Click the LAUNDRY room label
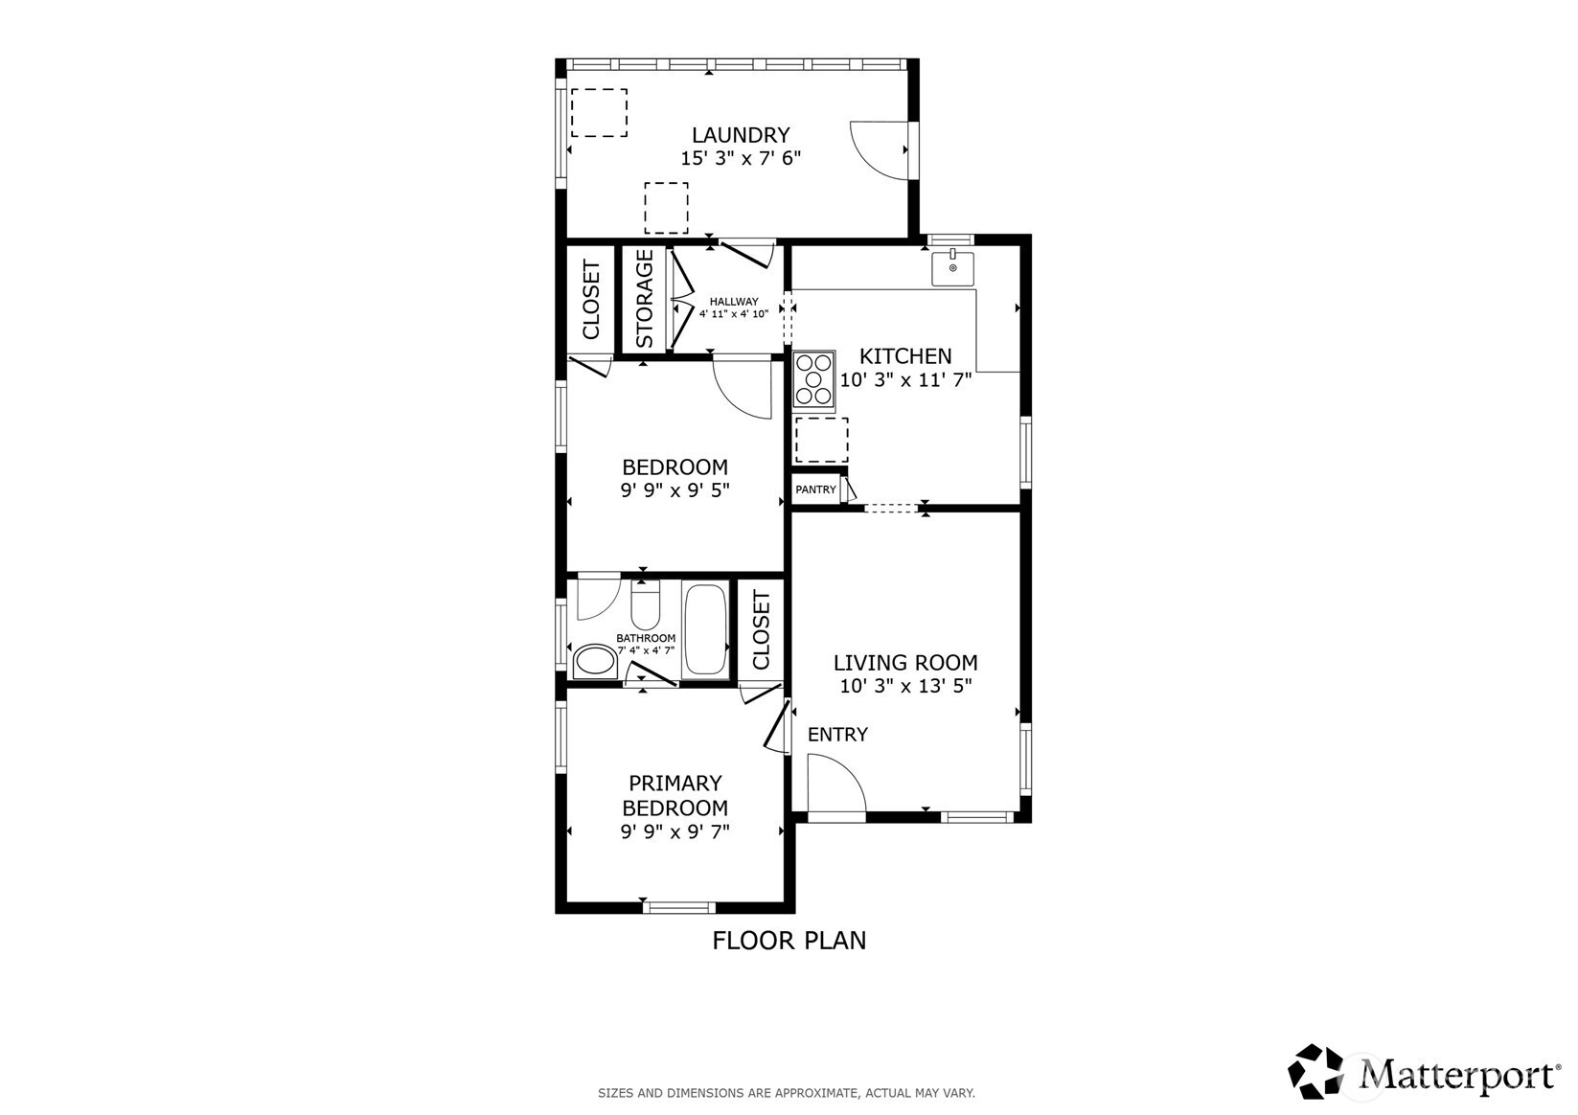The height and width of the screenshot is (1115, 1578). (741, 134)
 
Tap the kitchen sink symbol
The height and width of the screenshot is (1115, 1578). (952, 268)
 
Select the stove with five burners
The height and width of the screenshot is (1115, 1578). (813, 380)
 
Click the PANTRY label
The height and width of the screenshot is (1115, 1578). (815, 489)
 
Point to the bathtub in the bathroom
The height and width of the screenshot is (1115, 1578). (705, 629)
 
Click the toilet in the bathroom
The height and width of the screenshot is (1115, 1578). (645, 604)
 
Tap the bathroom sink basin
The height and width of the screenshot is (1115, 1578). (595, 661)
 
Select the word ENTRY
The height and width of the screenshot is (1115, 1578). (837, 735)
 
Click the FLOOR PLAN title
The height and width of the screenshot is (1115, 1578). (789, 941)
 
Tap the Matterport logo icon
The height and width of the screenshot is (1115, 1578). (1315, 1071)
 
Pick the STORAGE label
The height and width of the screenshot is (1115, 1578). (645, 299)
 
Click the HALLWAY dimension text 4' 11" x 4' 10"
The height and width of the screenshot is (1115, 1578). (733, 314)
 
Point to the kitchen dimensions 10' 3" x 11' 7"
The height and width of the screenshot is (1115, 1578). (906, 380)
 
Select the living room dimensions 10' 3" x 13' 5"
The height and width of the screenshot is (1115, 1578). (906, 686)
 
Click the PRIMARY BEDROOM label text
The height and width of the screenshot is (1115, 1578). (675, 795)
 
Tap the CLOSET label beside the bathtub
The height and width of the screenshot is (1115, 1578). (762, 630)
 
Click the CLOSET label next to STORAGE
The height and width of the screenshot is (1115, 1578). (591, 300)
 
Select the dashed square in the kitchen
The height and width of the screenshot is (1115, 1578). (821, 441)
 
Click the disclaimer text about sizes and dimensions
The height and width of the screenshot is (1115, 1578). (787, 1093)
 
